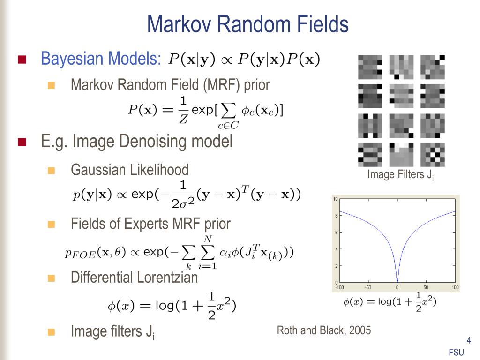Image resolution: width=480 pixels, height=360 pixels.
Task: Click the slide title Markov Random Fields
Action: click(248, 24)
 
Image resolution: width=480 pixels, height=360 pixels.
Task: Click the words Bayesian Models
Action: click(101, 59)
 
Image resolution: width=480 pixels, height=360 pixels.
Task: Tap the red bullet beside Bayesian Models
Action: click(22, 60)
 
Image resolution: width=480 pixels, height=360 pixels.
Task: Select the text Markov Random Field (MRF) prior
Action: click(170, 85)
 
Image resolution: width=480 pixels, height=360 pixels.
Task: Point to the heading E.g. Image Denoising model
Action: click(136, 141)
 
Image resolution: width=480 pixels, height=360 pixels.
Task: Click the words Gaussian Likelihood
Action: click(129, 170)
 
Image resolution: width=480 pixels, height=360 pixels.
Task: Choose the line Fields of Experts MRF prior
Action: click(150, 224)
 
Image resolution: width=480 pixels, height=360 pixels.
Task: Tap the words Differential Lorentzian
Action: click(134, 277)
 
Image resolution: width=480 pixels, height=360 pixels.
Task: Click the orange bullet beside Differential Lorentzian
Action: click(52, 278)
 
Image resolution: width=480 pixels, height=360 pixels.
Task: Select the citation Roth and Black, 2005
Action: click(323, 330)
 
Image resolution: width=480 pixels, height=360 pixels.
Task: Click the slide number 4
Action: click(468, 341)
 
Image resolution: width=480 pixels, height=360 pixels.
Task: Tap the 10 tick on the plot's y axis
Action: click(336, 199)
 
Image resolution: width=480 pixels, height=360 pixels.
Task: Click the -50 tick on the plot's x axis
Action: click(368, 287)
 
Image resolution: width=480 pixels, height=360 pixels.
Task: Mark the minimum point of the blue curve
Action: click(397, 281)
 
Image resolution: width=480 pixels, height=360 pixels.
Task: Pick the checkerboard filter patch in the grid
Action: click(432, 155)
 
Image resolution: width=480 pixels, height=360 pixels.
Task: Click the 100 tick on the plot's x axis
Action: click(455, 287)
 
